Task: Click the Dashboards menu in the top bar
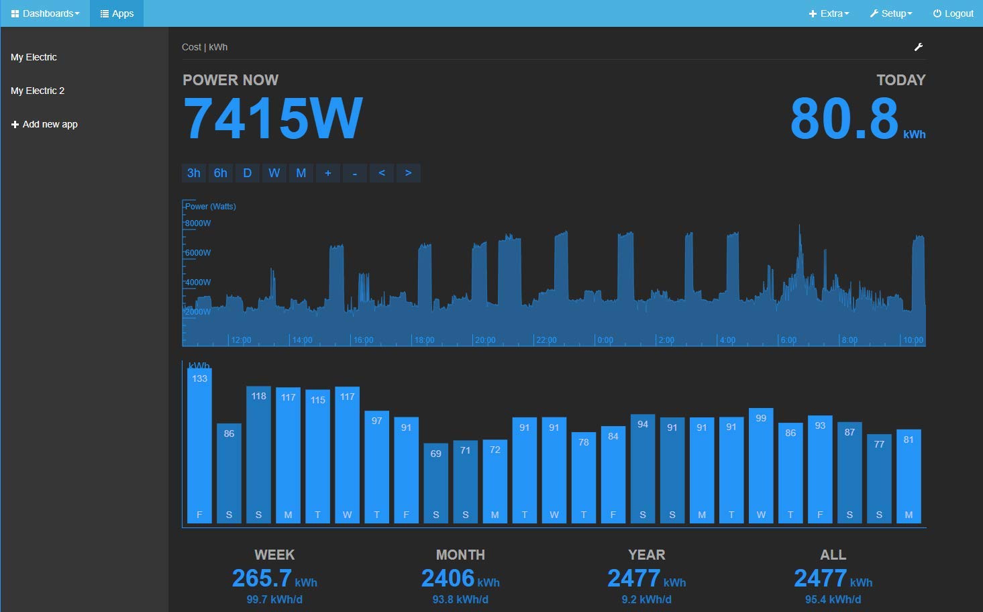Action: click(x=45, y=13)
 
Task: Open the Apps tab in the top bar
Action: click(x=117, y=13)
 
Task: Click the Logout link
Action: click(x=953, y=13)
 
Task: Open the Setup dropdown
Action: click(x=890, y=13)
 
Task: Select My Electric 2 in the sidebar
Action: click(x=38, y=91)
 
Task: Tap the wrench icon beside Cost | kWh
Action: click(x=919, y=47)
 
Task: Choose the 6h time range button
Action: click(x=221, y=173)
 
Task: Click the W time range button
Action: click(x=274, y=173)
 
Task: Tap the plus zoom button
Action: click(x=328, y=173)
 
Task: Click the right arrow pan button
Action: click(x=408, y=173)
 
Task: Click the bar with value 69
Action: click(x=436, y=482)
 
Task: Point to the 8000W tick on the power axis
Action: click(x=198, y=223)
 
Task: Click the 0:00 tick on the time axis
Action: click(x=605, y=340)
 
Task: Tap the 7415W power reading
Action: click(x=272, y=119)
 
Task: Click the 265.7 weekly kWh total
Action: click(x=262, y=578)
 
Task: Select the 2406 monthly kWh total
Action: click(x=448, y=578)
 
